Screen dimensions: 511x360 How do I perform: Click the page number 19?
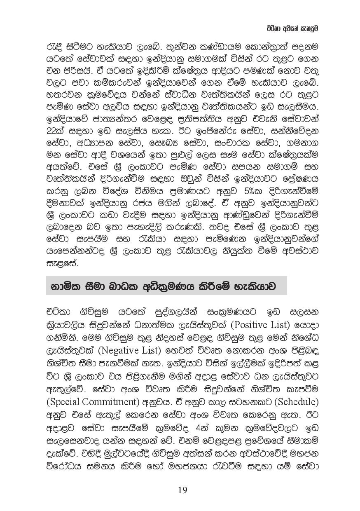coord(182,490)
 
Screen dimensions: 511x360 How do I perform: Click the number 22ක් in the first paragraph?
coord(56,131)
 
